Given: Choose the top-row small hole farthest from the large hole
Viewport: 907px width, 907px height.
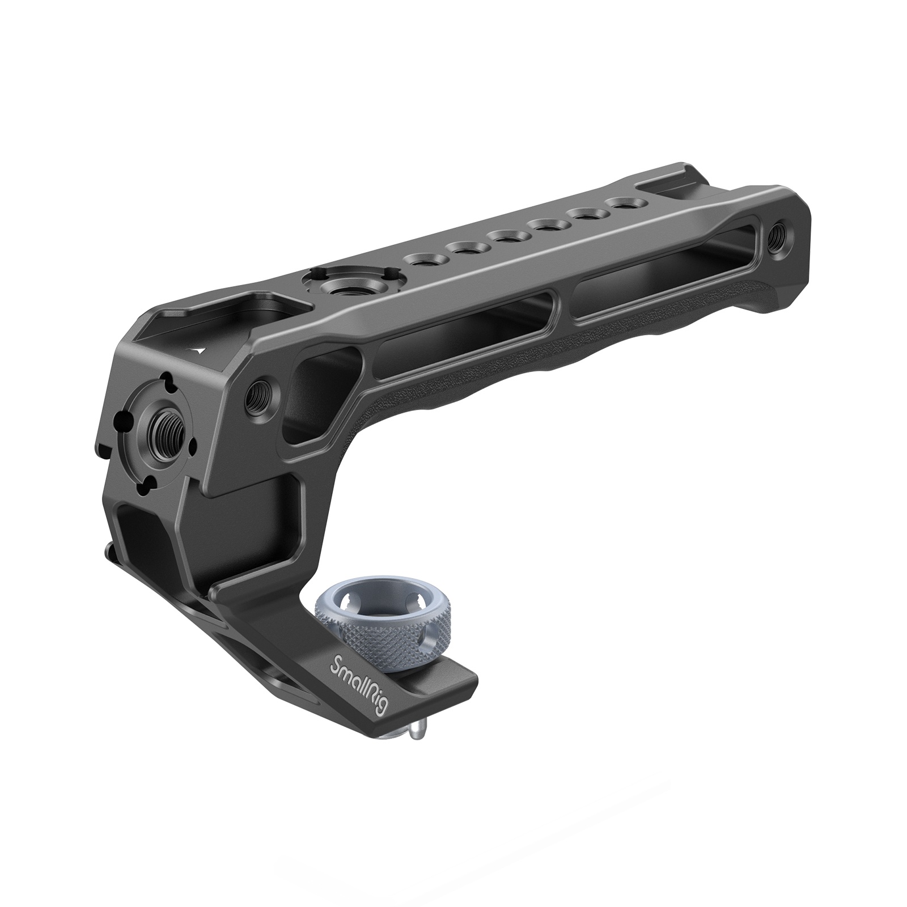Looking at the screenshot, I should (x=620, y=202).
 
